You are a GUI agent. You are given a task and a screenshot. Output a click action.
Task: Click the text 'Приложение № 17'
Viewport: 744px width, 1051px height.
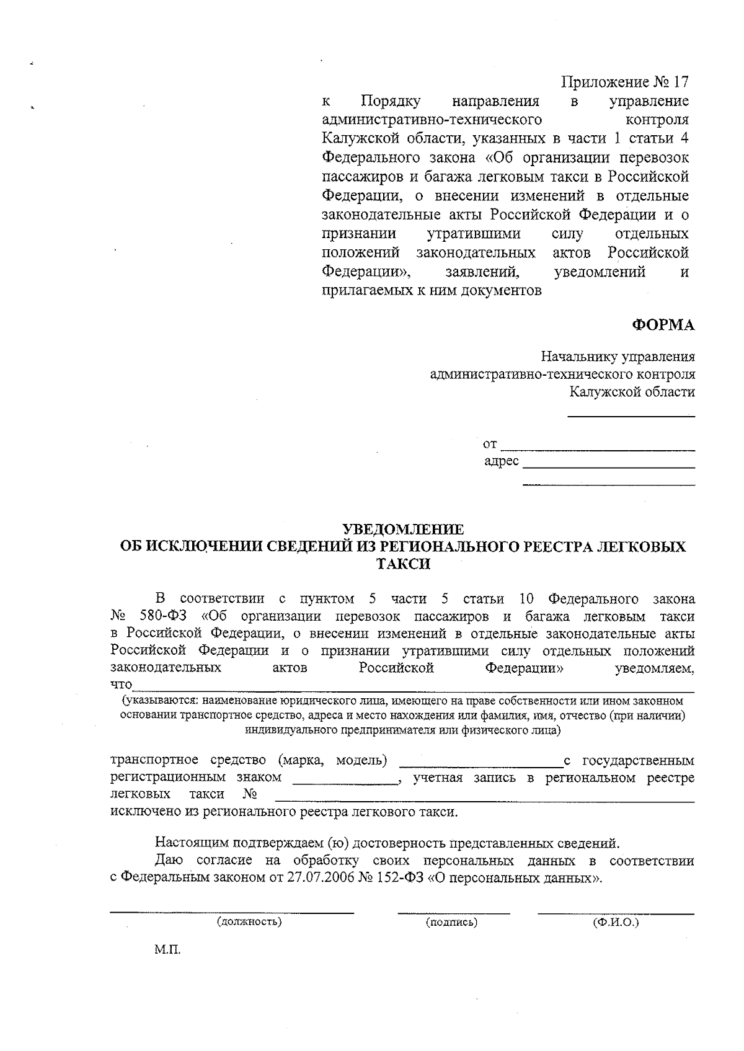pyautogui.click(x=624, y=82)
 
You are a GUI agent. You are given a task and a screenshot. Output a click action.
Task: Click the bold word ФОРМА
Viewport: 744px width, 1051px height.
pyautogui.click(x=663, y=326)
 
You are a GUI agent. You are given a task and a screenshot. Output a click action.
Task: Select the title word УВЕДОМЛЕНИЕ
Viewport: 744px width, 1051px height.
pyautogui.click(x=403, y=530)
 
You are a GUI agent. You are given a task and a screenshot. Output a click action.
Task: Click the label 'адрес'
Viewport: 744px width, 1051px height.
pyautogui.click(x=501, y=462)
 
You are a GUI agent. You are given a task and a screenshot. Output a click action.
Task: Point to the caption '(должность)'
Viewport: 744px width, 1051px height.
pyautogui.click(x=249, y=922)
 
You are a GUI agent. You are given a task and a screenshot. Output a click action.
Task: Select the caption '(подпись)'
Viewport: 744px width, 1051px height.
pyautogui.click(x=451, y=922)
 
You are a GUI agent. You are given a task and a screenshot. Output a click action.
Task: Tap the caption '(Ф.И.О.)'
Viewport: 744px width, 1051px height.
pyautogui.click(x=616, y=922)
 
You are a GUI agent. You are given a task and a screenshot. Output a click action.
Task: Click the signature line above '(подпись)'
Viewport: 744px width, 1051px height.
pyautogui.click(x=453, y=913)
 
